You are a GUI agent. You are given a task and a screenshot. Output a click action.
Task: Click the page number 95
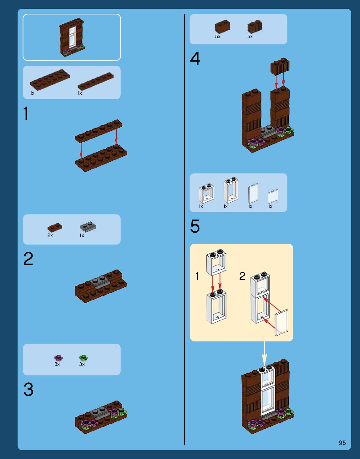click(x=342, y=443)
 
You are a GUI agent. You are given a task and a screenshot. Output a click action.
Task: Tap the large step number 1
click(x=26, y=113)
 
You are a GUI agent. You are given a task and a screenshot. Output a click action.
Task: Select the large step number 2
click(x=28, y=259)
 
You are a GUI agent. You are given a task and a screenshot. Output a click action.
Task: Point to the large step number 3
click(x=28, y=389)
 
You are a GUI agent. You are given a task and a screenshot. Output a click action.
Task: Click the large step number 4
click(x=195, y=58)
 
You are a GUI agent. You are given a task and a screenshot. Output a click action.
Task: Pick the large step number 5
click(x=195, y=226)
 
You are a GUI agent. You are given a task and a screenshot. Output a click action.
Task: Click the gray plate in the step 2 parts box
click(x=88, y=227)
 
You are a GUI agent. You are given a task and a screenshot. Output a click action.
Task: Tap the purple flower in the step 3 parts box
click(x=58, y=358)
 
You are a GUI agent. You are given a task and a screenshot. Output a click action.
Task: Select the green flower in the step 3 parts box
click(x=84, y=358)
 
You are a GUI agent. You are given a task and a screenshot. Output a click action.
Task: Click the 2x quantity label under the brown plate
click(x=50, y=235)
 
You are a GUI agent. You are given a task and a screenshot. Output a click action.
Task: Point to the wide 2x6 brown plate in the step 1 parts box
click(x=50, y=80)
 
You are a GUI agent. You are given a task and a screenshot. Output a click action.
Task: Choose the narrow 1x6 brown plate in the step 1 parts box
click(x=95, y=81)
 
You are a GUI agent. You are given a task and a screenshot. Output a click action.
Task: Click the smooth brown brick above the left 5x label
click(x=222, y=26)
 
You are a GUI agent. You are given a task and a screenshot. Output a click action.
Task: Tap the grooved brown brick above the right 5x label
click(x=255, y=27)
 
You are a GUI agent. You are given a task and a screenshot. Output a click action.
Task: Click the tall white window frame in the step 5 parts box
click(x=231, y=190)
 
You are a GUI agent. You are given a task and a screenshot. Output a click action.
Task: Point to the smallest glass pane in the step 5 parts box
click(x=273, y=196)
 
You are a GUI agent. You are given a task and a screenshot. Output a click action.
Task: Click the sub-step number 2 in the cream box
click(x=242, y=276)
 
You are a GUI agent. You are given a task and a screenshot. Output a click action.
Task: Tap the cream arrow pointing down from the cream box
click(x=264, y=353)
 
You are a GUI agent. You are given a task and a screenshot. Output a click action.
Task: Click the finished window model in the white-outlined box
click(x=72, y=38)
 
